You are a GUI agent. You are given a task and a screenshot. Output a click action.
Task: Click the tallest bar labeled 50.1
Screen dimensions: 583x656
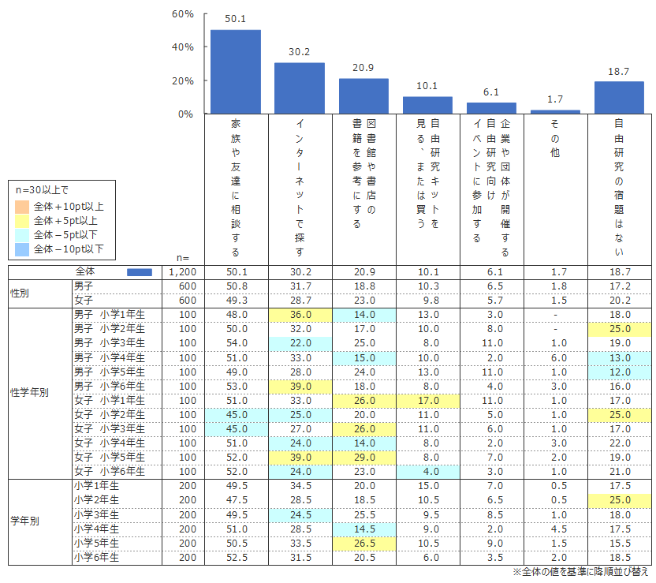pyautogui.click(x=235, y=72)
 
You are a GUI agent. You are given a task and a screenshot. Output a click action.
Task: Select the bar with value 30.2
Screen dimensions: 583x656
pyautogui.click(x=300, y=88)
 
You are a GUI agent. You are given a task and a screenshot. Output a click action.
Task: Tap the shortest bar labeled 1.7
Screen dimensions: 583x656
pyautogui.click(x=556, y=111)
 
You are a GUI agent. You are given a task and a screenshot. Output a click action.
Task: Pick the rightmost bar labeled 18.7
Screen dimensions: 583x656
pyautogui.click(x=619, y=97)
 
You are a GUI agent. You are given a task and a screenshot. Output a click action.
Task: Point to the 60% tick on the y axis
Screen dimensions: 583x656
pyautogui.click(x=182, y=14)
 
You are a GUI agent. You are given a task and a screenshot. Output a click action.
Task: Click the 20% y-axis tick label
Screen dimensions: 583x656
pyautogui.click(x=182, y=80)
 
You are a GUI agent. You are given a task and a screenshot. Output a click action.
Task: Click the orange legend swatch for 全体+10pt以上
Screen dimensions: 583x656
pyautogui.click(x=21, y=207)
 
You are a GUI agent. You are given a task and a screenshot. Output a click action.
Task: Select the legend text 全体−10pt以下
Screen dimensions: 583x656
pyautogui.click(x=69, y=250)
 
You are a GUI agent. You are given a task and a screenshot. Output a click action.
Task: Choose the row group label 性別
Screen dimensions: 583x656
pyautogui.click(x=22, y=293)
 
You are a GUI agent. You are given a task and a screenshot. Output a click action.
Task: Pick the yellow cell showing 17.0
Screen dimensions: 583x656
pyautogui.click(x=427, y=400)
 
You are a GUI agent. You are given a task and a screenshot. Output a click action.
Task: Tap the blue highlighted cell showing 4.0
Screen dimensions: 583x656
pyautogui.click(x=427, y=471)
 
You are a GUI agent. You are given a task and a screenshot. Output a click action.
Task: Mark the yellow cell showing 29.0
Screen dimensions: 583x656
pyautogui.click(x=363, y=457)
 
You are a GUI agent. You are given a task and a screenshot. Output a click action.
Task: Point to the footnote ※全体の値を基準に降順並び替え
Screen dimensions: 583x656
pyautogui.click(x=580, y=571)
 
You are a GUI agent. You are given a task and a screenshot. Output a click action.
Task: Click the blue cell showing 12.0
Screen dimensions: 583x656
pyautogui.click(x=619, y=372)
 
